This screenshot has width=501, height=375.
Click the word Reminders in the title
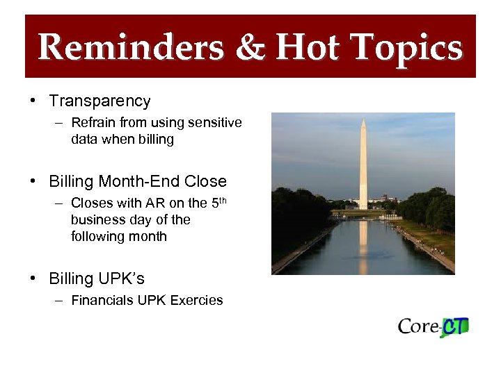click(x=131, y=48)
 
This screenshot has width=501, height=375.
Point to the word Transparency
click(x=100, y=101)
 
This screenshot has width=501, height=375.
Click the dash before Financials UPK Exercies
click(x=61, y=301)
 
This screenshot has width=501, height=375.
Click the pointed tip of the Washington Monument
click(x=363, y=121)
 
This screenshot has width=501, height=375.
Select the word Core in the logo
click(x=419, y=326)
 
